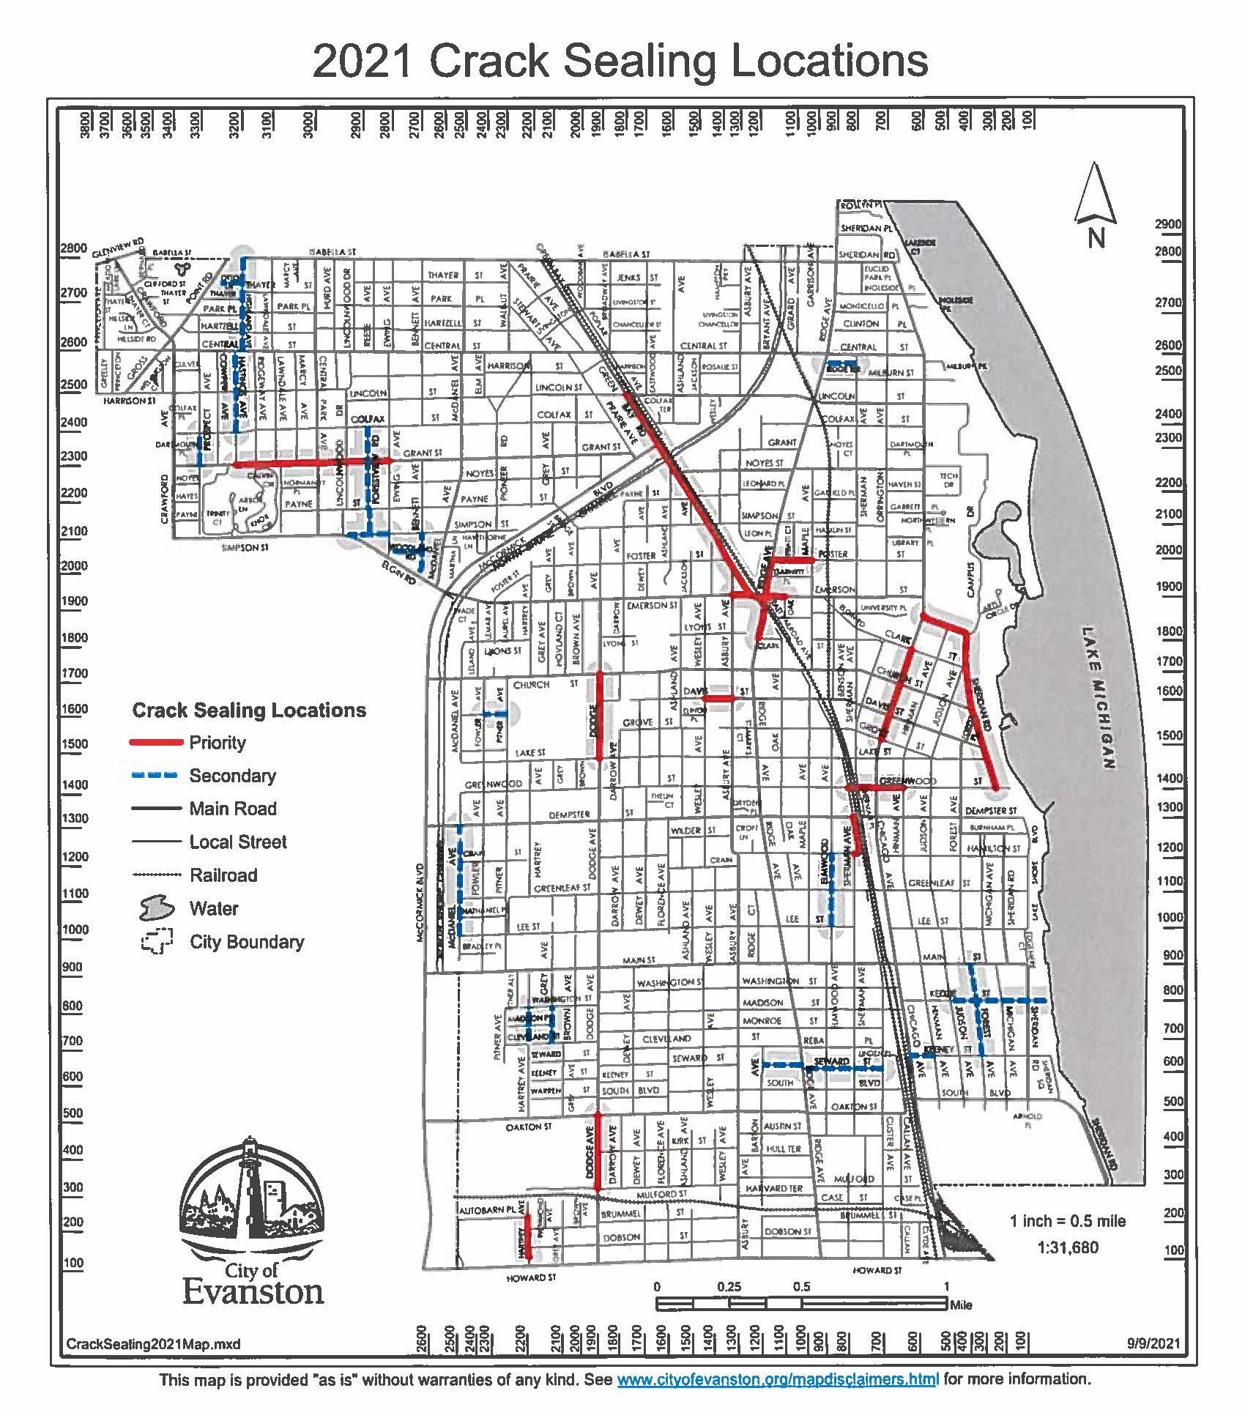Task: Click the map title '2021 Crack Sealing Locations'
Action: click(620, 60)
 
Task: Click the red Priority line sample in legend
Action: click(155, 743)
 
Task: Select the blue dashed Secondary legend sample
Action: click(155, 776)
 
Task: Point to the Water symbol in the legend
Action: click(157, 908)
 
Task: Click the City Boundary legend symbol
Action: click(157, 942)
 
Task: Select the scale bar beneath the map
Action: click(801, 1304)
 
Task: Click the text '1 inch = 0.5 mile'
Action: click(1067, 1221)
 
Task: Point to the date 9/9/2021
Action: click(1154, 1343)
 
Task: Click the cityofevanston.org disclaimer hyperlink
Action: click(777, 1380)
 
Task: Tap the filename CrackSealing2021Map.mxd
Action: click(153, 1344)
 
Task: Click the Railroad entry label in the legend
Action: click(223, 875)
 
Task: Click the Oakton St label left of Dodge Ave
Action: click(528, 1127)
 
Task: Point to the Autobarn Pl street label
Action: click(487, 1211)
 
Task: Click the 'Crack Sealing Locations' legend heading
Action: click(249, 710)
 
